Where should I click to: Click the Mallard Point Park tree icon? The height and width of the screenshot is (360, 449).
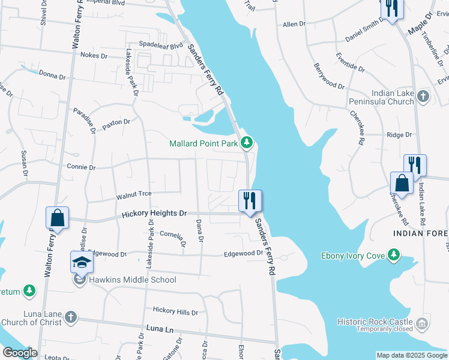point(246,143)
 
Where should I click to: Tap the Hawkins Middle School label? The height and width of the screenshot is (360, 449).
point(133,280)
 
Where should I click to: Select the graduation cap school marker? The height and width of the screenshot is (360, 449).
point(82,262)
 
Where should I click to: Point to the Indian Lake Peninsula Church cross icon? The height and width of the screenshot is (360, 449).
point(423,96)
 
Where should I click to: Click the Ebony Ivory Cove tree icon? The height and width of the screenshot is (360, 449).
point(394,256)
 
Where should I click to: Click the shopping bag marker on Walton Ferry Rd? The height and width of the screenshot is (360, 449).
point(57,218)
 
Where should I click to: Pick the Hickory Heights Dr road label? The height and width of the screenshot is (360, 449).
point(155,214)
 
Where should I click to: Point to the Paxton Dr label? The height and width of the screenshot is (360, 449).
point(116,122)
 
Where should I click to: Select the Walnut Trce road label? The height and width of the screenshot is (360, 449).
point(133,194)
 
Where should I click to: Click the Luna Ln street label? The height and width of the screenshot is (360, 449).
point(160,329)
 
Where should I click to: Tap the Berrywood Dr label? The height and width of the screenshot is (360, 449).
point(328,78)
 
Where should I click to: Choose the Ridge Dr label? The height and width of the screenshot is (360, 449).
point(399,135)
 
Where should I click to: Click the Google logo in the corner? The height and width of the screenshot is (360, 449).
point(20,353)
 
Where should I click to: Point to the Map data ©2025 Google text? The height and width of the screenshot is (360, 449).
point(411,355)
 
